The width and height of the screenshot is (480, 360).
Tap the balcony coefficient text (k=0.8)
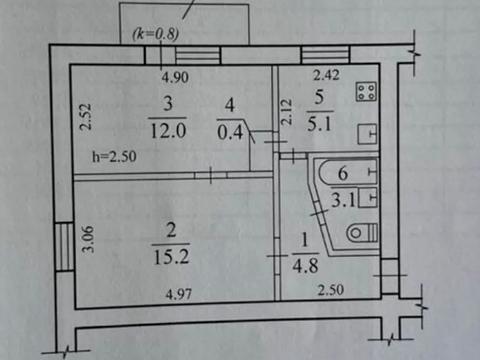pyautogui.click(x=155, y=33)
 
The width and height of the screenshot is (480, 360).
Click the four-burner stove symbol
pyautogui.click(x=366, y=92)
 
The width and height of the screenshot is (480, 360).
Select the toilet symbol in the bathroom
pyautogui.click(x=359, y=234)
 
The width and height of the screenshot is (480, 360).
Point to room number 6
pyautogui.click(x=343, y=172)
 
